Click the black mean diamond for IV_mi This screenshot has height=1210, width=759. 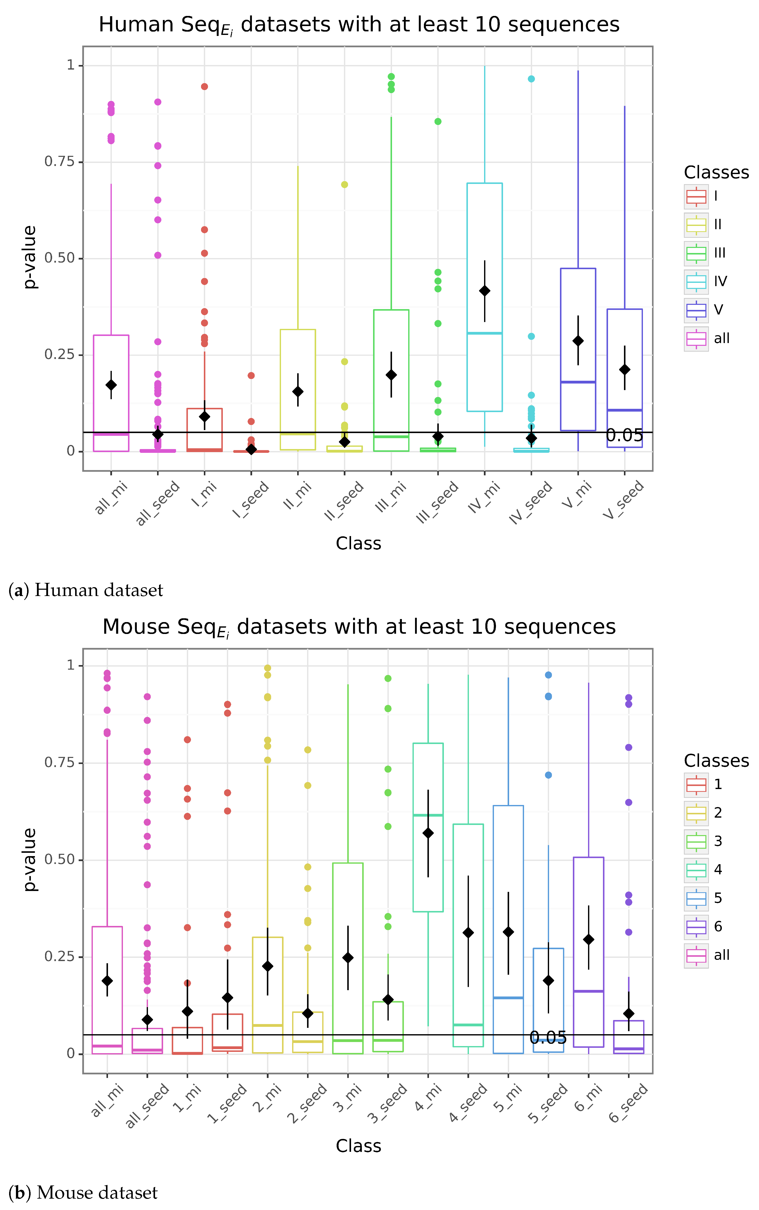click(x=484, y=291)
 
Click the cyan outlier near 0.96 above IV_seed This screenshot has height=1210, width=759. click(x=531, y=79)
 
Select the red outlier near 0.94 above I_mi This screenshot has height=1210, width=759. click(x=204, y=86)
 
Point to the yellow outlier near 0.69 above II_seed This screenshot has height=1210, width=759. click(x=344, y=184)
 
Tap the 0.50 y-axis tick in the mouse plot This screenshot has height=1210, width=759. click(x=59, y=859)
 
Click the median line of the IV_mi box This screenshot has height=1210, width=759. click(x=484, y=333)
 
